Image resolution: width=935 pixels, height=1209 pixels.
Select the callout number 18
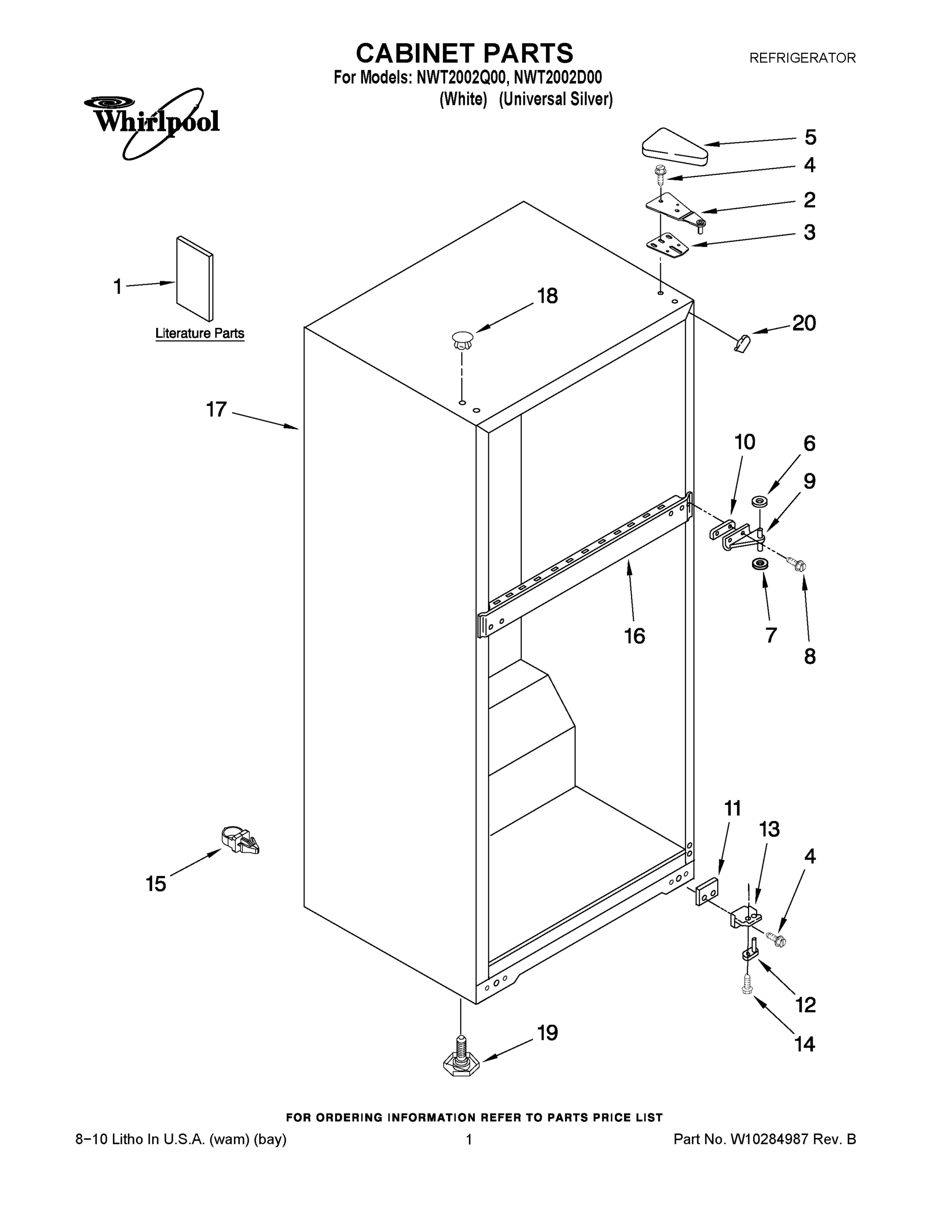[547, 296]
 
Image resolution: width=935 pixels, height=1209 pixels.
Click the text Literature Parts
[200, 333]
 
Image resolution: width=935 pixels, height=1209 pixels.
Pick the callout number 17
[216, 410]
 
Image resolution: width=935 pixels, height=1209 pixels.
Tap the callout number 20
[804, 323]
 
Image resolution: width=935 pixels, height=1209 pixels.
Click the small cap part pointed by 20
[740, 344]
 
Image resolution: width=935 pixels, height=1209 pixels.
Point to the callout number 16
[635, 636]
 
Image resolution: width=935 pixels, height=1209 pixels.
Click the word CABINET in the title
[415, 54]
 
